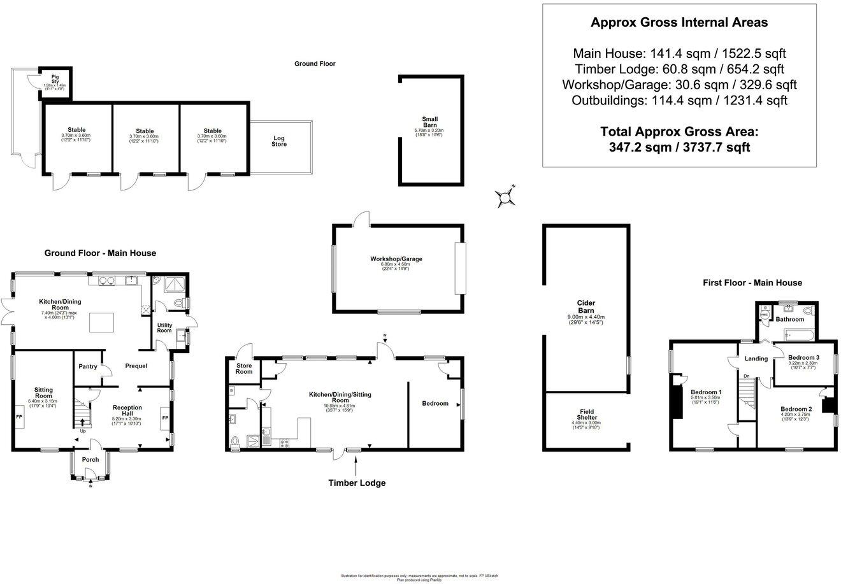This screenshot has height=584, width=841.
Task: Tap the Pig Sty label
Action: (x=55, y=78)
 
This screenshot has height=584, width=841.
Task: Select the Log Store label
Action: (x=279, y=141)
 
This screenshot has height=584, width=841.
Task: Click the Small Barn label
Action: (x=429, y=122)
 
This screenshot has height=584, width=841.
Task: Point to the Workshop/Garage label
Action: (x=396, y=259)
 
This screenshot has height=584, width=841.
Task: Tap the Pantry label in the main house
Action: (x=88, y=366)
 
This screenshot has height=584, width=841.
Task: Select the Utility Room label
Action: (x=164, y=327)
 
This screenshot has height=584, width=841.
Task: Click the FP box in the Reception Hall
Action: (x=164, y=418)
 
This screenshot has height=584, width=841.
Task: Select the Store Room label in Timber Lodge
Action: (x=245, y=369)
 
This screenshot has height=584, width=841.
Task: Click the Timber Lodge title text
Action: (x=357, y=483)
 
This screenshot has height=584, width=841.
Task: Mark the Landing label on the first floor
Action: (x=756, y=359)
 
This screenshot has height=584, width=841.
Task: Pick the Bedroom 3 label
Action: (x=803, y=358)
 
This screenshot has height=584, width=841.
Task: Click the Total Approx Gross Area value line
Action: (x=679, y=148)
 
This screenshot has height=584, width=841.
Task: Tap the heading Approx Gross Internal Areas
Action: (x=679, y=23)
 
